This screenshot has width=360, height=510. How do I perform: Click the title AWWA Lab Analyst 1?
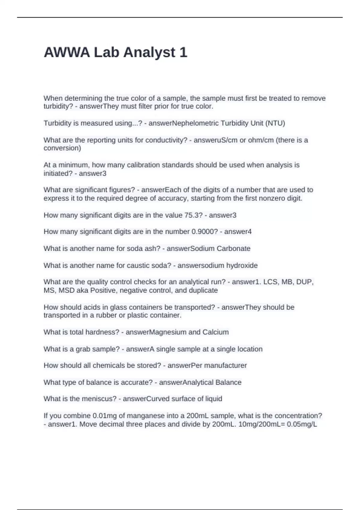pyautogui.click(x=115, y=52)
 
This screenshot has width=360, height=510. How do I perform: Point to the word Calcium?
pyautogui.click(x=215, y=332)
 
